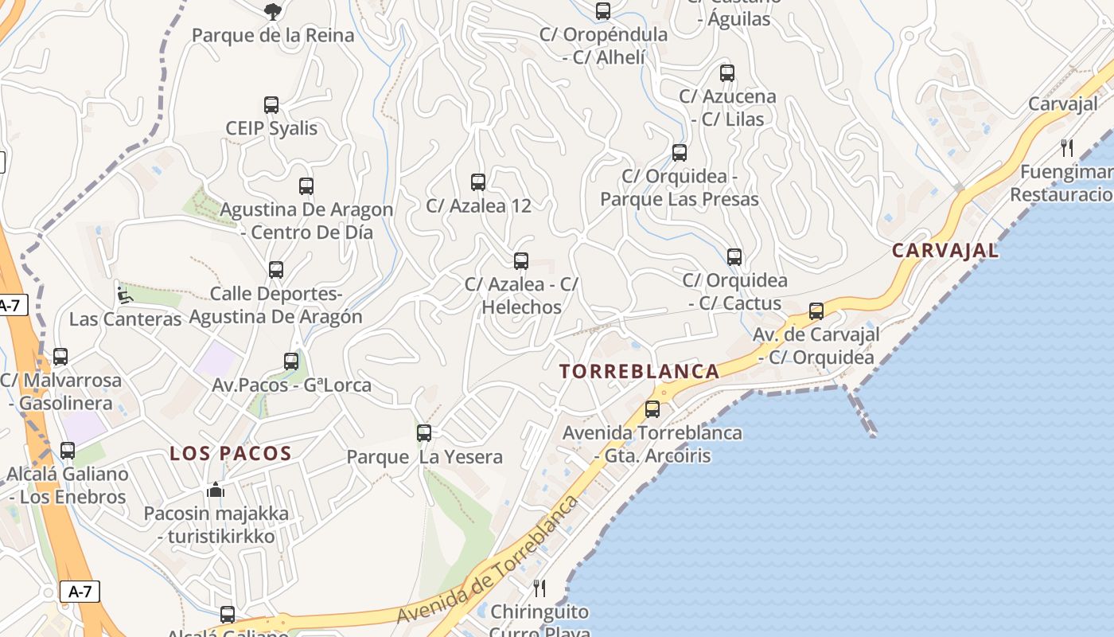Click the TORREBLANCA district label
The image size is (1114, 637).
[639, 371]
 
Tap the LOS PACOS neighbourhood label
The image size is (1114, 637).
[231, 454]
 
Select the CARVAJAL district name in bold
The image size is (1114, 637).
[945, 250]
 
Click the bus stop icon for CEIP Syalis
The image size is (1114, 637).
[271, 105]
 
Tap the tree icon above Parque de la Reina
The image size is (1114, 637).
[272, 11]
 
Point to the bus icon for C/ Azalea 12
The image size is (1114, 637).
[478, 182]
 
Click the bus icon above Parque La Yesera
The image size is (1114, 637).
[424, 433]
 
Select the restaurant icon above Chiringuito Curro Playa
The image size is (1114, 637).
[539, 588]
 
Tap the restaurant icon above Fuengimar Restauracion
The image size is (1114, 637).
[1067, 147]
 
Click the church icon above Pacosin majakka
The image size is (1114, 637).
[216, 490]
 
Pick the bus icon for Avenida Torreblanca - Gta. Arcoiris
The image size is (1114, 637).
[652, 409]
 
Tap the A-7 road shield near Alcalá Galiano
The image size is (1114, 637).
[80, 592]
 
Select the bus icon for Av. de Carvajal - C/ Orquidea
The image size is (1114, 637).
[816, 311]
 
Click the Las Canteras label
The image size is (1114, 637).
[126, 319]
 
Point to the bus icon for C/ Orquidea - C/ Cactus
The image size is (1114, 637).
[734, 257]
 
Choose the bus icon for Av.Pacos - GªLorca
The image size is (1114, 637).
[291, 361]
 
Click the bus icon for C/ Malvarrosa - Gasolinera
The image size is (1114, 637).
[60, 357]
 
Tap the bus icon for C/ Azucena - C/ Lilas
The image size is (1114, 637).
[727, 73]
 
